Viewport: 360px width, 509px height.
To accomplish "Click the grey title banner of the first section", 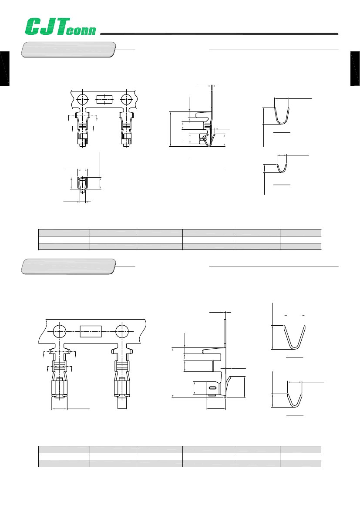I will point(69,49).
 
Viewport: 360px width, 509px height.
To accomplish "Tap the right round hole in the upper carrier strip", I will point(126,99).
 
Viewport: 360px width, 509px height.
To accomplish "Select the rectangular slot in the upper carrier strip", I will point(104,99).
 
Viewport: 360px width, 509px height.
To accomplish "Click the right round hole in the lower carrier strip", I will point(122,331).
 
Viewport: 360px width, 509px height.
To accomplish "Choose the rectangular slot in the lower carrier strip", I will point(91,331).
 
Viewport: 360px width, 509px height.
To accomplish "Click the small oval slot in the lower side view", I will point(212,388).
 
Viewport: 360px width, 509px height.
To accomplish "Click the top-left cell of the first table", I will point(64,232).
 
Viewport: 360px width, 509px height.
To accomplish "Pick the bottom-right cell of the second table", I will point(300,463).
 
